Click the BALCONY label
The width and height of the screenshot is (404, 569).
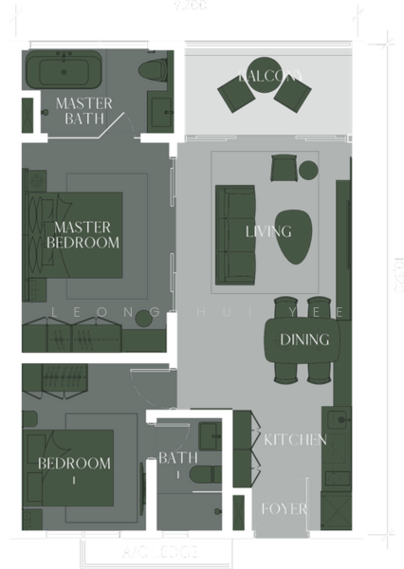(271, 75)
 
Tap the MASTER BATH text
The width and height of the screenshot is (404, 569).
(84, 111)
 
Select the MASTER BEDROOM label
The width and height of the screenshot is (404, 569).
(83, 234)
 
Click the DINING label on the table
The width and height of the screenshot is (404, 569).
(304, 340)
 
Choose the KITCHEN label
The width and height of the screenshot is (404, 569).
(295, 439)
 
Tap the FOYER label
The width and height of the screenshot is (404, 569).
(284, 509)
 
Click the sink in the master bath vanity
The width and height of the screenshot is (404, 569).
(160, 105)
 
